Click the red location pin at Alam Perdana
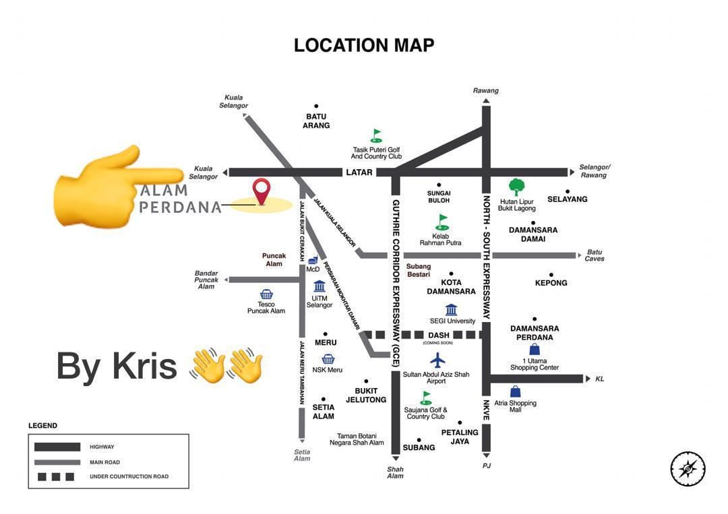[261, 191]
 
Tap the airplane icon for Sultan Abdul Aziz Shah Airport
[438, 360]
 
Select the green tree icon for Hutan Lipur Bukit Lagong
[516, 187]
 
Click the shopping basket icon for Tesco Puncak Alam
[266, 294]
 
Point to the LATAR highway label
[359, 172]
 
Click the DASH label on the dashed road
[438, 335]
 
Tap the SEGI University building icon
[451, 309]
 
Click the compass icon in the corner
[688, 469]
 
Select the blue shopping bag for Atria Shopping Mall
[516, 391]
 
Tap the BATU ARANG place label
[316, 121]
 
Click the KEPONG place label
[551, 283]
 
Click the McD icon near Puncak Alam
[313, 260]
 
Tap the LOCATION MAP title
[364, 45]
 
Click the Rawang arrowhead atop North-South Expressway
[486, 101]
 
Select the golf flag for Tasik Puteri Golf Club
[376, 135]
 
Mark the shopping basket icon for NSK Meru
[328, 359]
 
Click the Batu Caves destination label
[594, 255]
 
